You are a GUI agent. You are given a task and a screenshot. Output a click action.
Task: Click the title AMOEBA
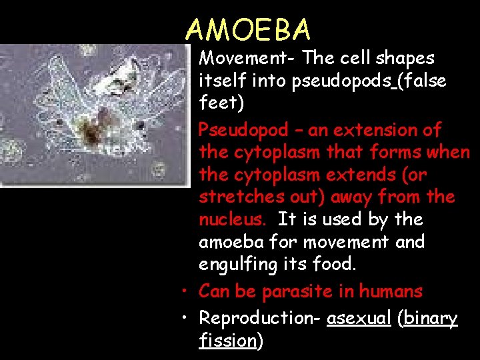click(248, 29)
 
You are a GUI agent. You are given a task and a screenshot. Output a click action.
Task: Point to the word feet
click(219, 103)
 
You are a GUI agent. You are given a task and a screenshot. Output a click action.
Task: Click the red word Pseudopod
click(243, 130)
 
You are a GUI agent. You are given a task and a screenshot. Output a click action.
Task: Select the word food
click(336, 265)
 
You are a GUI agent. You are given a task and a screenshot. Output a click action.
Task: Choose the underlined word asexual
click(359, 318)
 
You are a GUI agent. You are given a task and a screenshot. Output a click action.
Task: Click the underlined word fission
click(227, 341)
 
